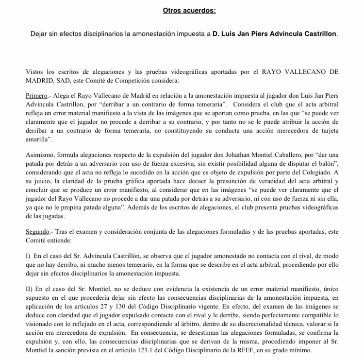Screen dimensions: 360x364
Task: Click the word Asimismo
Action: [41, 154]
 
